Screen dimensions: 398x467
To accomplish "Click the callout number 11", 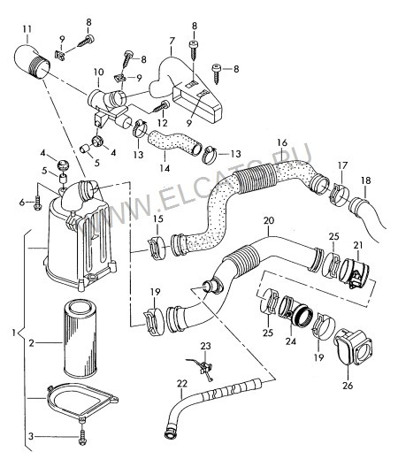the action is click(x=27, y=29).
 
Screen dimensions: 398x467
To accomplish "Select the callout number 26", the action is click(x=348, y=386).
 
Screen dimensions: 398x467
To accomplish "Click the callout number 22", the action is click(x=182, y=384).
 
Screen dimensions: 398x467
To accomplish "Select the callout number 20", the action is click(x=269, y=221).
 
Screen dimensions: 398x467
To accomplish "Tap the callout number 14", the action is click(x=165, y=168).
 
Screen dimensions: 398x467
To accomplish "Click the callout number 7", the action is click(x=172, y=41).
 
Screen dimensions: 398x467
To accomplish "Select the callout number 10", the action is click(x=99, y=72).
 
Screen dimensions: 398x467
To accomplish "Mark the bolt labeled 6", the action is click(x=37, y=204).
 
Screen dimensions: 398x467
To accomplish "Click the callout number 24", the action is click(x=291, y=341).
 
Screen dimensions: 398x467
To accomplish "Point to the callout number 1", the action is click(x=13, y=333).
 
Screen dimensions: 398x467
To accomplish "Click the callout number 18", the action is click(x=366, y=180).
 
